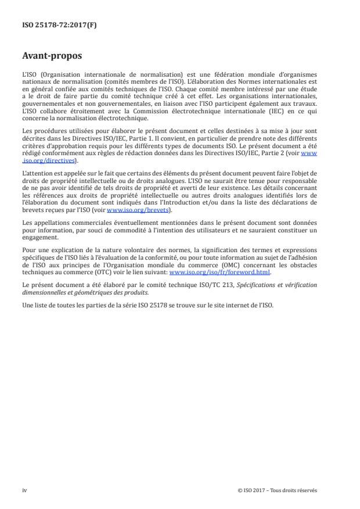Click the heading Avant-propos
point(52,56)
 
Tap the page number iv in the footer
point(24,490)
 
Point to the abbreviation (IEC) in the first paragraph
point(264,110)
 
